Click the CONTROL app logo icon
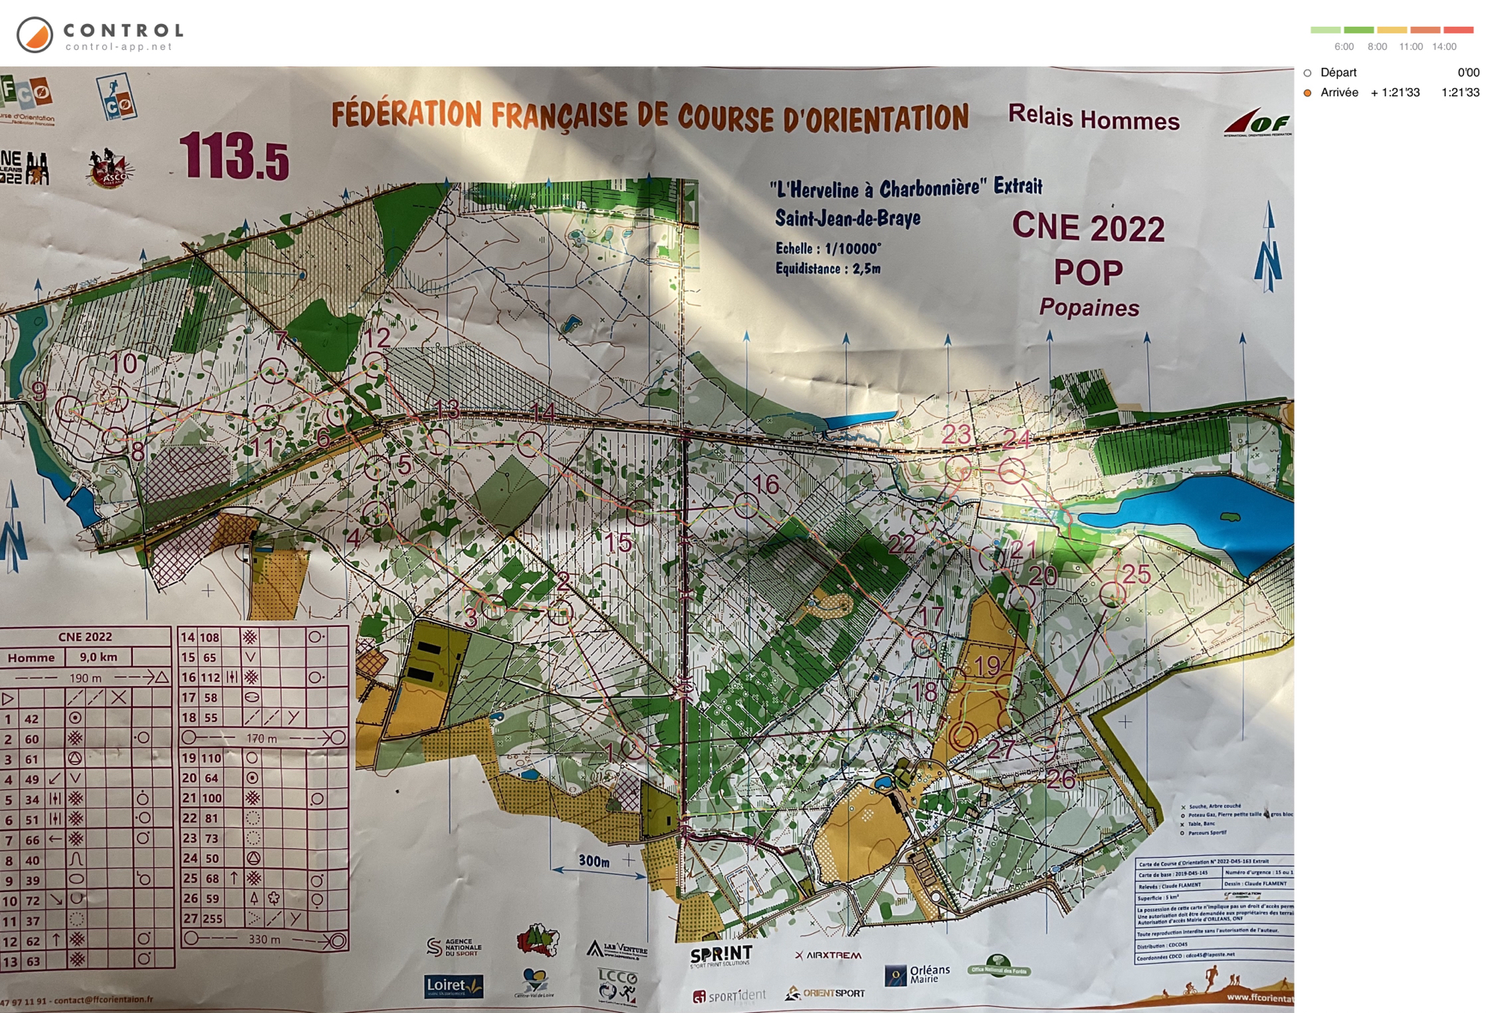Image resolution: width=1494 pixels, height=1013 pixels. pyautogui.click(x=34, y=35)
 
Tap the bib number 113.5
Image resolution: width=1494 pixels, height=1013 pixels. pyautogui.click(x=233, y=157)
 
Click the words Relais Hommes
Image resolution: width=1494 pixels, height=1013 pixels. pyautogui.click(x=1093, y=118)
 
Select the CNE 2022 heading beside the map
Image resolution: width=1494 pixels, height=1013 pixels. pyautogui.click(x=1088, y=227)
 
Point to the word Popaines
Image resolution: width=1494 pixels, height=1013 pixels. pyautogui.click(x=1089, y=308)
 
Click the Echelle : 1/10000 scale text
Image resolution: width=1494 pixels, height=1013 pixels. pyautogui.click(x=828, y=249)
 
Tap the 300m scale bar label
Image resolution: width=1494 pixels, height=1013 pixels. pyautogui.click(x=594, y=861)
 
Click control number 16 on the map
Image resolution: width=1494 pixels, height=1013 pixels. pyautogui.click(x=765, y=484)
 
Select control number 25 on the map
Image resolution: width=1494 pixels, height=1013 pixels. pyautogui.click(x=1136, y=573)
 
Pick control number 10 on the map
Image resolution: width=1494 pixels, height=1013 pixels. pyautogui.click(x=123, y=364)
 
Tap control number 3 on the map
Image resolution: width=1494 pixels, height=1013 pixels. pyautogui.click(x=471, y=618)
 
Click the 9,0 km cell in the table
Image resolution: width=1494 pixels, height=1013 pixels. pyautogui.click(x=99, y=657)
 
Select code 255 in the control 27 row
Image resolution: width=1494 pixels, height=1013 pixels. pyautogui.click(x=212, y=918)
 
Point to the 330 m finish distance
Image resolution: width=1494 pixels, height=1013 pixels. pyautogui.click(x=264, y=939)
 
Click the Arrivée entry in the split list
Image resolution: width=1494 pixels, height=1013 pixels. pyautogui.click(x=1339, y=93)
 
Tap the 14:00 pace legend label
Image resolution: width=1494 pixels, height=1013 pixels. pyautogui.click(x=1444, y=46)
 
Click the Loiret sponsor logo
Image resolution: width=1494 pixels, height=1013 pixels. pyautogui.click(x=453, y=986)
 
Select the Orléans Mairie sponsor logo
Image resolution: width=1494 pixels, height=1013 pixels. pyautogui.click(x=918, y=973)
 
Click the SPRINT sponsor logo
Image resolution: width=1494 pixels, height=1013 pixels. pyautogui.click(x=720, y=956)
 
